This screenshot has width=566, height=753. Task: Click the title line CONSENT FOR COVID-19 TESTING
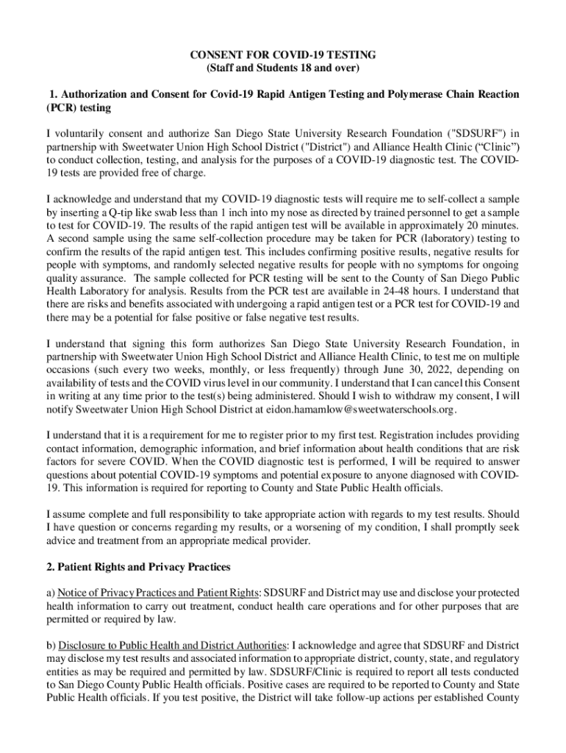(283, 55)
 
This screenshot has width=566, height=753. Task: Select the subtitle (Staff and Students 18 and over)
(283, 68)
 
